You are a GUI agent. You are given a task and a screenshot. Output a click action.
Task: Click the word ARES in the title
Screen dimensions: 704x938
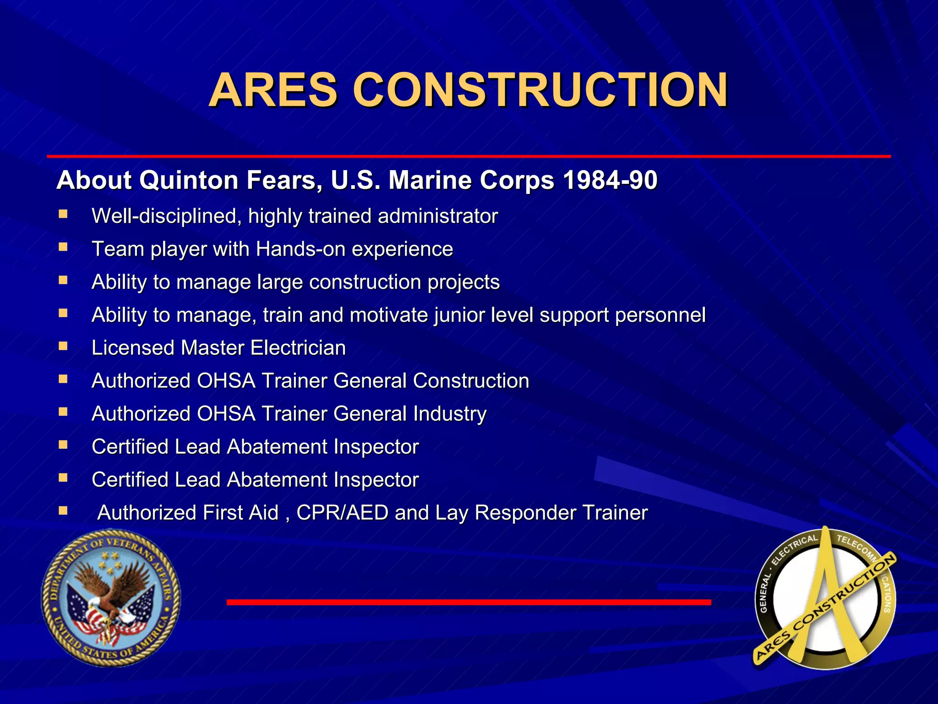point(273,90)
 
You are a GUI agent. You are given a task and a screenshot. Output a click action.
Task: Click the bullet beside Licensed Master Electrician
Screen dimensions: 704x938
point(63,346)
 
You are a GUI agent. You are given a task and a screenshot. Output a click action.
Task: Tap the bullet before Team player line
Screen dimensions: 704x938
point(63,247)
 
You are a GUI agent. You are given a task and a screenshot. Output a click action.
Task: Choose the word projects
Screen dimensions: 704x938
point(464,282)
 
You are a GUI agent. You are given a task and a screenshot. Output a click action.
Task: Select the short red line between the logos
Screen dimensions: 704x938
point(469,602)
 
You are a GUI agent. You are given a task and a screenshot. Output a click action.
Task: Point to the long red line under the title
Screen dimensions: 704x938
point(469,156)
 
